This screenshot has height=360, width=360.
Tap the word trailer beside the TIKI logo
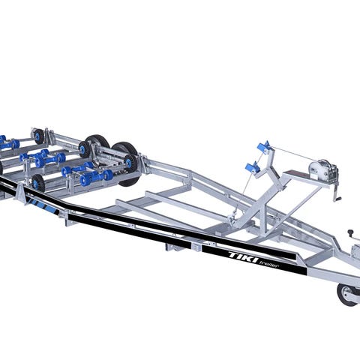pyautogui.click(x=269, y=264)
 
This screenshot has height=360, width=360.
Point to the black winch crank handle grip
pyautogui.click(x=337, y=199)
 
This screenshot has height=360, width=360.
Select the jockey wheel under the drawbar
pyautogui.click(x=347, y=295)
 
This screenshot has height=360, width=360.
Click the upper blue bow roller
pyautogui.click(x=264, y=146)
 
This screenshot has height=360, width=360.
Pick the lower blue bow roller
pyautogui.click(x=253, y=167)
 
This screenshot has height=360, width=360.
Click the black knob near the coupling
pyautogui.click(x=351, y=232)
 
